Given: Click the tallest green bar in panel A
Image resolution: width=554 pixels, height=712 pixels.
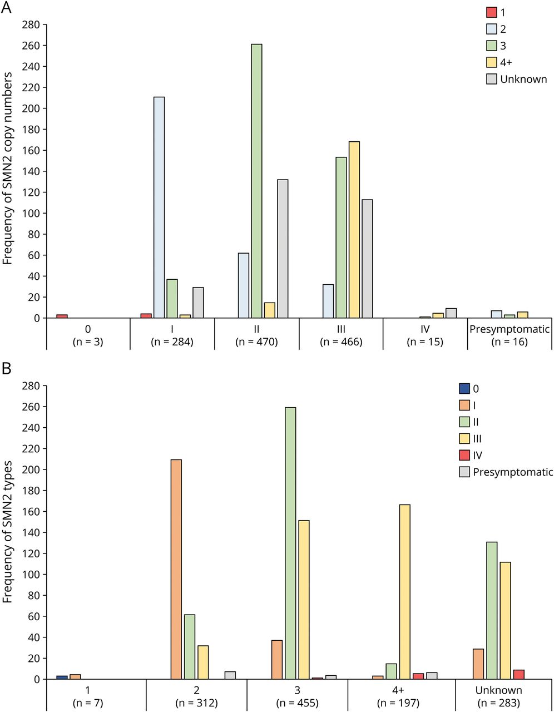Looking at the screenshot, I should [x=256, y=181].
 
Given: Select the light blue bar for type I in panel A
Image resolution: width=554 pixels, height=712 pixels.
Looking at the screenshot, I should [x=159, y=207].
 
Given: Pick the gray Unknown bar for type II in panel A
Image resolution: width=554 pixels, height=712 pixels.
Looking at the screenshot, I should [x=283, y=249].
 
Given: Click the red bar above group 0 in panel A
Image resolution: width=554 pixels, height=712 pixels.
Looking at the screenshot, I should [x=62, y=317].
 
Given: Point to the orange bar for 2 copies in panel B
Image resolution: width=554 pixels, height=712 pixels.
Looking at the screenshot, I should [x=176, y=569].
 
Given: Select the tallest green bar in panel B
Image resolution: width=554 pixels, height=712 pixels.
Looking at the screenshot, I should [x=290, y=543].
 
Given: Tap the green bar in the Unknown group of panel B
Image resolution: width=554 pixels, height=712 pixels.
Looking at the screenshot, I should [x=491, y=610].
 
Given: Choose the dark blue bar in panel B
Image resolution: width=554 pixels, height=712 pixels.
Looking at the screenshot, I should [x=62, y=678].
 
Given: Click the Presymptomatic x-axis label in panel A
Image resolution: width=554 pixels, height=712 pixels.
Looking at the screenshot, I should [x=510, y=329].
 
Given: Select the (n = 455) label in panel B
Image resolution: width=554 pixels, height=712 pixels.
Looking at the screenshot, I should [x=296, y=703].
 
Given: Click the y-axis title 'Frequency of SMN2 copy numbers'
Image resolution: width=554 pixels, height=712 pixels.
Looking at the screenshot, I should [x=8, y=169].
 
